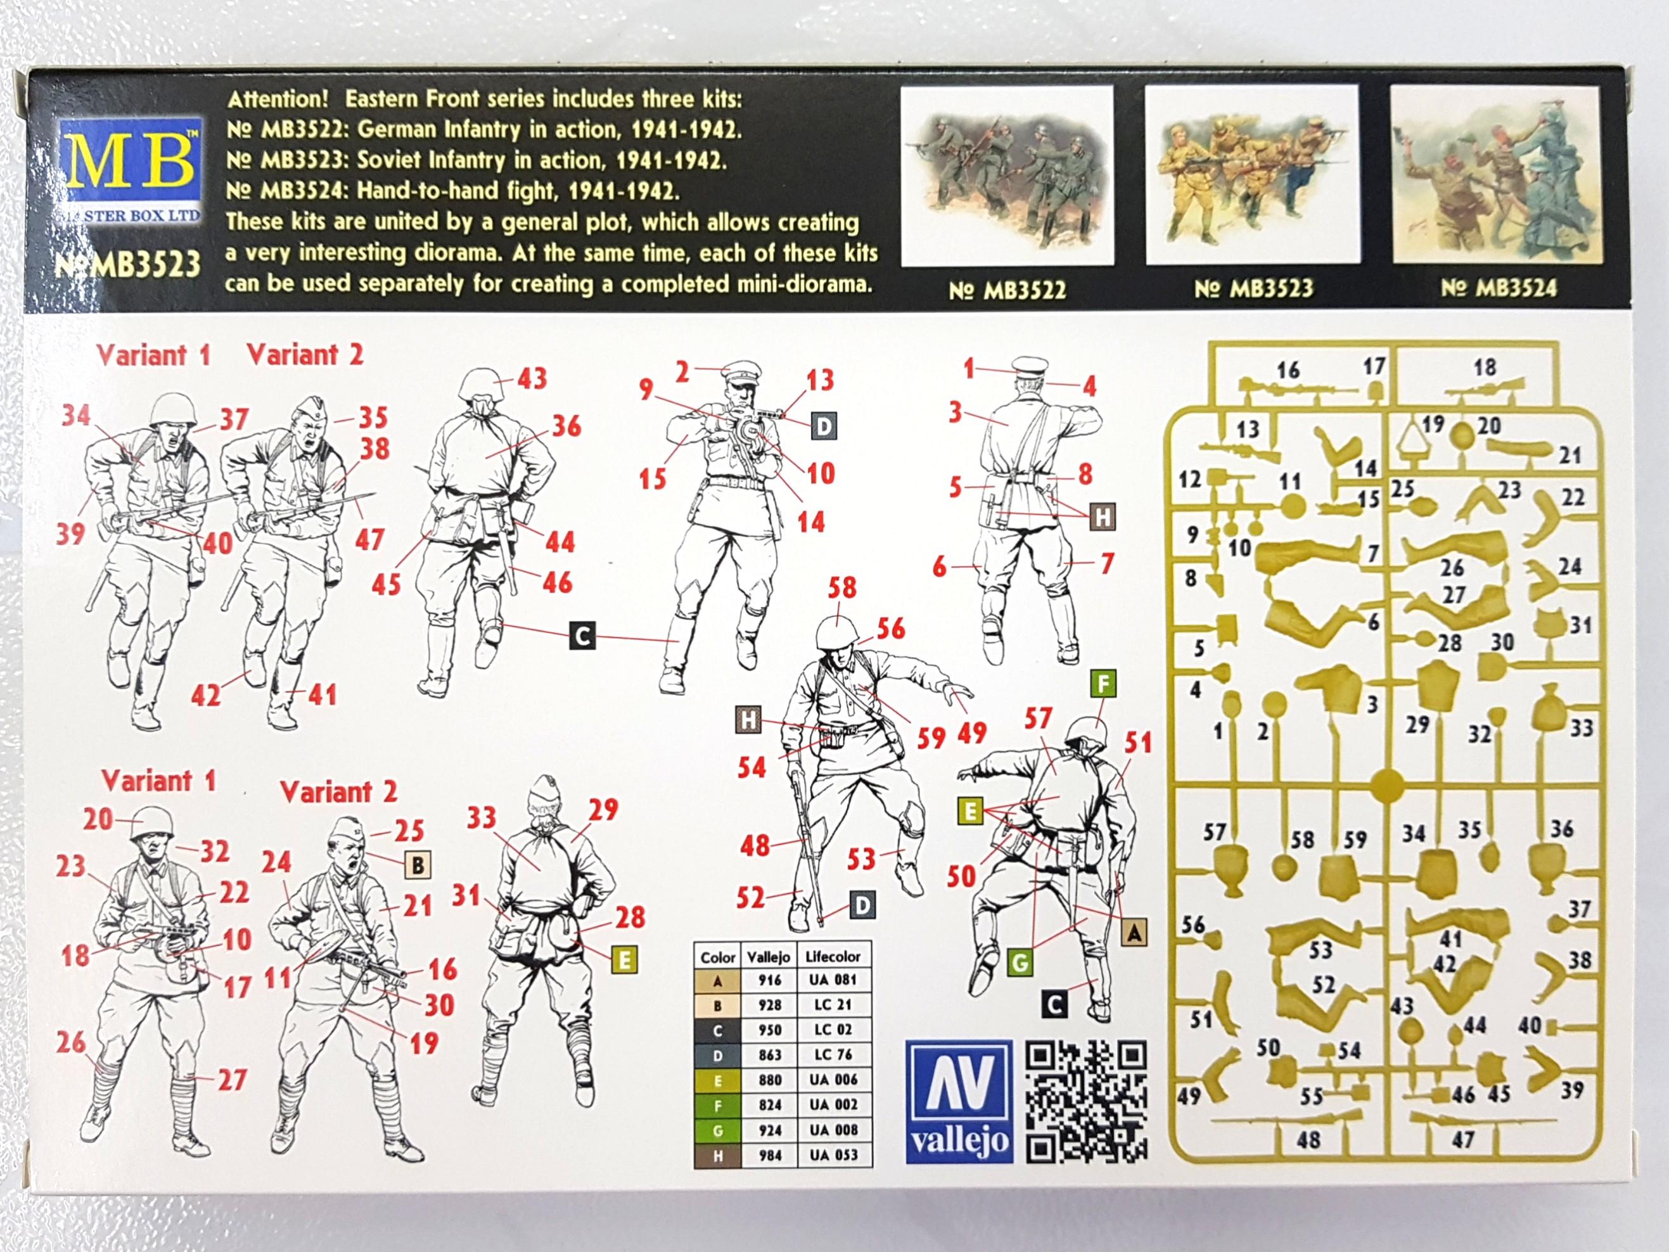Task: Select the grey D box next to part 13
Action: click(x=823, y=427)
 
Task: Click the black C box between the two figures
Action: click(x=582, y=636)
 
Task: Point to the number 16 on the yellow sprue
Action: click(x=1288, y=370)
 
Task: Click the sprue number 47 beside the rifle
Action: click(x=1462, y=1140)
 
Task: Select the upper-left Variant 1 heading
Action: click(x=154, y=355)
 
